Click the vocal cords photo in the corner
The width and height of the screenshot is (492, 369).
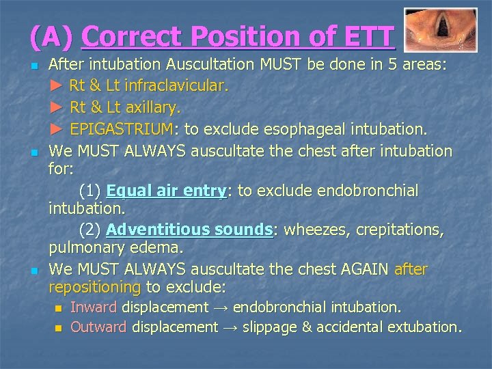point(441,30)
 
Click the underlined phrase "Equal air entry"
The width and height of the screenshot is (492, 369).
point(166,191)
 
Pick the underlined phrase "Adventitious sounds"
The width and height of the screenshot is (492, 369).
point(189,230)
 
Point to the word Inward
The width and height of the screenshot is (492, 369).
point(94,308)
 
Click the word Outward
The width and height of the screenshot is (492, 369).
point(98,327)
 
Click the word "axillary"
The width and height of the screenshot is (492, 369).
point(149,108)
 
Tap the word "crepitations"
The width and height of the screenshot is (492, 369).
point(398,230)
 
